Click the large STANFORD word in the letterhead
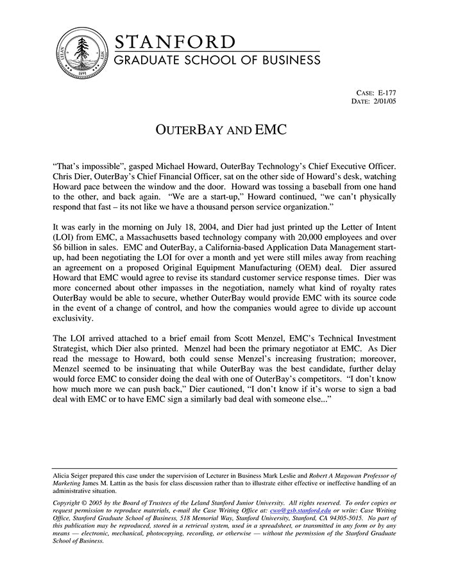pyautogui.click(x=175, y=42)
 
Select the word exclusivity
pyautogui.click(x=73, y=319)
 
